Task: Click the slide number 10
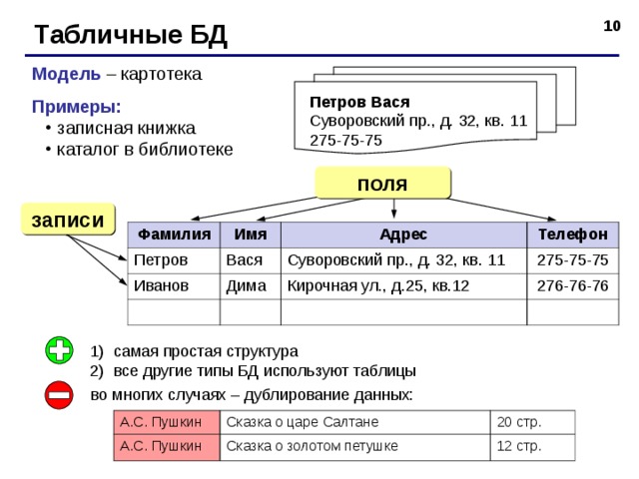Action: coord(612,26)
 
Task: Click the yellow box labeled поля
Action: coord(382,183)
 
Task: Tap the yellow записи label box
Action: coord(68,220)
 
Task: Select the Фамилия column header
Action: coord(174,235)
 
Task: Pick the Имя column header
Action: coord(251,235)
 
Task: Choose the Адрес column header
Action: coord(403,235)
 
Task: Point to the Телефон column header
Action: coord(572,235)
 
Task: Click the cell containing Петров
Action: coord(174,260)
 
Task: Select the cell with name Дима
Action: coord(251,286)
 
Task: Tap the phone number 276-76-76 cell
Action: coord(572,286)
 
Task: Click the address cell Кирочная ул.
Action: coord(403,286)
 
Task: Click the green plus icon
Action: coord(60,350)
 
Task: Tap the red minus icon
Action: coord(59,395)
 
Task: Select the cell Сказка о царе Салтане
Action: coord(355,422)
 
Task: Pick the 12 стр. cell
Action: coord(532,447)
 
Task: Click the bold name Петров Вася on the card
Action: coord(359,102)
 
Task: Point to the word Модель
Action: coord(66,74)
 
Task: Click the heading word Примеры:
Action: coord(77,107)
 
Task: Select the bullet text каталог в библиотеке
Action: coord(145,149)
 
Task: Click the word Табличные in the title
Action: coord(108,35)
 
